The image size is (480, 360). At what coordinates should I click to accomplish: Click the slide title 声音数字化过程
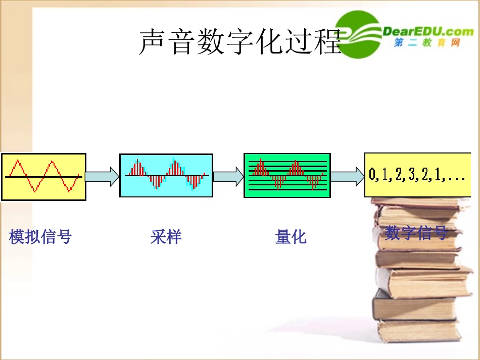click(241, 42)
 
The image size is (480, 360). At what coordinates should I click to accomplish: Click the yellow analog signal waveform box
click(43, 177)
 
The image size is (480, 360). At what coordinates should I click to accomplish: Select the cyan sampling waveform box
click(166, 175)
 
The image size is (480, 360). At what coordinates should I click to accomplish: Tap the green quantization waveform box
click(287, 175)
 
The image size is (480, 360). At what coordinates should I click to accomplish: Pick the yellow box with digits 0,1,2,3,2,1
click(417, 175)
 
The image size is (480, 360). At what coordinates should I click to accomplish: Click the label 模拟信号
click(40, 236)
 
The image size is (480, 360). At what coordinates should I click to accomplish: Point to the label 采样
click(166, 237)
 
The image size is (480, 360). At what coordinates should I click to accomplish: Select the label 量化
click(291, 237)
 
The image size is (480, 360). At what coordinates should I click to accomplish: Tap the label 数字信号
click(416, 233)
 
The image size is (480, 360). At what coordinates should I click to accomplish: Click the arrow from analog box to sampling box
click(102, 176)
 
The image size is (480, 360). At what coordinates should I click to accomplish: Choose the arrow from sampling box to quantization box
click(228, 176)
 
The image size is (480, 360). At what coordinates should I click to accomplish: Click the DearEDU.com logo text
click(428, 31)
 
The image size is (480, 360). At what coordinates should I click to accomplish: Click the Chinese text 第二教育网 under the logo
click(427, 43)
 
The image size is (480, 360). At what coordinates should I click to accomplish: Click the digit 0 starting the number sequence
click(373, 175)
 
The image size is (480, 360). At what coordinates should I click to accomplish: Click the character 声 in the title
click(152, 42)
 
